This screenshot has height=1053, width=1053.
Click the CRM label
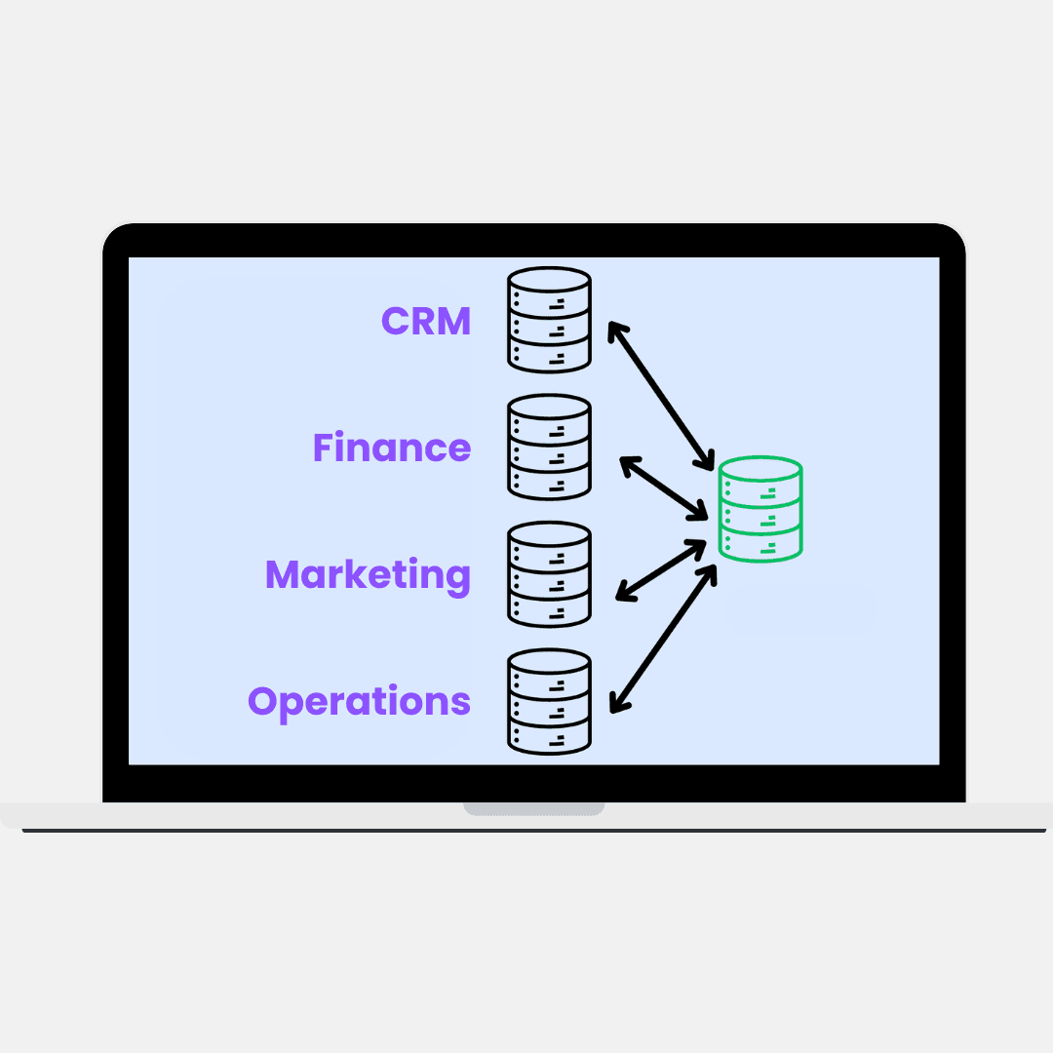(x=426, y=321)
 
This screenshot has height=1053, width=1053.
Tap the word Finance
(x=392, y=448)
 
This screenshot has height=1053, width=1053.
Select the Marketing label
(x=368, y=574)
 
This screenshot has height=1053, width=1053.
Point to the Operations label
(x=359, y=701)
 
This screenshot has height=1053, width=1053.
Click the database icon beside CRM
(x=549, y=320)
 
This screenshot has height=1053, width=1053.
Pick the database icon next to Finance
(x=549, y=447)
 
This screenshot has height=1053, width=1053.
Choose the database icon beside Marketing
(x=549, y=574)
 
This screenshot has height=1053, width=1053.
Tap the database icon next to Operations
(x=549, y=701)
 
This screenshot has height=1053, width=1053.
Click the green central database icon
(x=760, y=509)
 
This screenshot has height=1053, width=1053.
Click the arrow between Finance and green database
(x=664, y=487)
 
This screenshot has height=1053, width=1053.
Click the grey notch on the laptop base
(x=533, y=809)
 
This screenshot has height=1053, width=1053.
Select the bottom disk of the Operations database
(x=549, y=737)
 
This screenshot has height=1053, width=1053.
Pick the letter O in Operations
(x=263, y=701)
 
